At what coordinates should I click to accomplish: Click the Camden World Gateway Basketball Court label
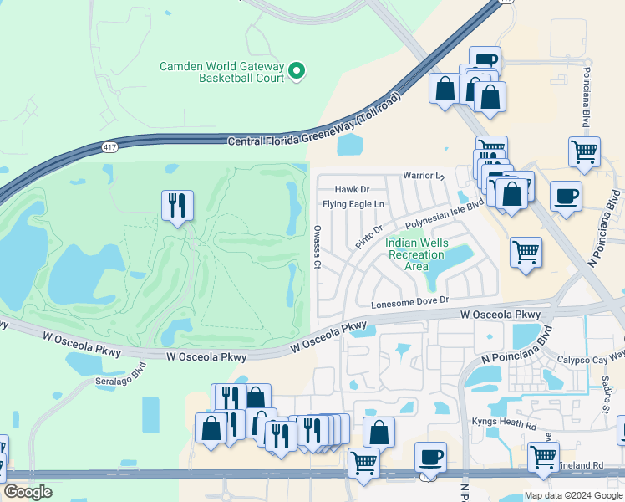tap(222, 72)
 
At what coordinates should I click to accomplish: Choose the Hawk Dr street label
tap(352, 190)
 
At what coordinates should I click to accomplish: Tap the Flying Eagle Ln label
tap(353, 204)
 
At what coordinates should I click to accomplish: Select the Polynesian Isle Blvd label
tap(445, 214)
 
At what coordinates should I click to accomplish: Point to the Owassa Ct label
tap(318, 246)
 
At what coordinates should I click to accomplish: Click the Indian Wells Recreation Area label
tap(416, 254)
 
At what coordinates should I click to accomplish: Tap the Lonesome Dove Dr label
tap(410, 300)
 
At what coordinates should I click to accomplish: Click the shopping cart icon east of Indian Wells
tap(526, 251)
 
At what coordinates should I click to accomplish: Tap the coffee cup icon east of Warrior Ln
tap(566, 196)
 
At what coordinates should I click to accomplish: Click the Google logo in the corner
tap(28, 492)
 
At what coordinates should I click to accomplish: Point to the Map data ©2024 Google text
tap(572, 495)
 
